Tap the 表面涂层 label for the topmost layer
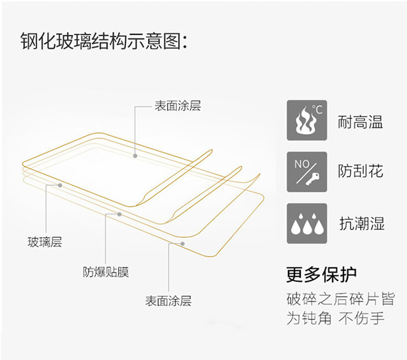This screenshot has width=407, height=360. (x=177, y=106)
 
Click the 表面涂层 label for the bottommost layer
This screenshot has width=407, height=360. (x=168, y=301)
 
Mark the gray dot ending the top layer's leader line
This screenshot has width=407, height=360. (x=135, y=155)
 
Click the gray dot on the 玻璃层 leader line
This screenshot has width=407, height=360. (x=60, y=185)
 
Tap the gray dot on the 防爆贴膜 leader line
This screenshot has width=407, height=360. (x=119, y=214)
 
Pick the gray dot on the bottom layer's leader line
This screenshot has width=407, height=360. (x=183, y=244)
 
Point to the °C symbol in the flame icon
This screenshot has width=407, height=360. (x=317, y=110)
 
